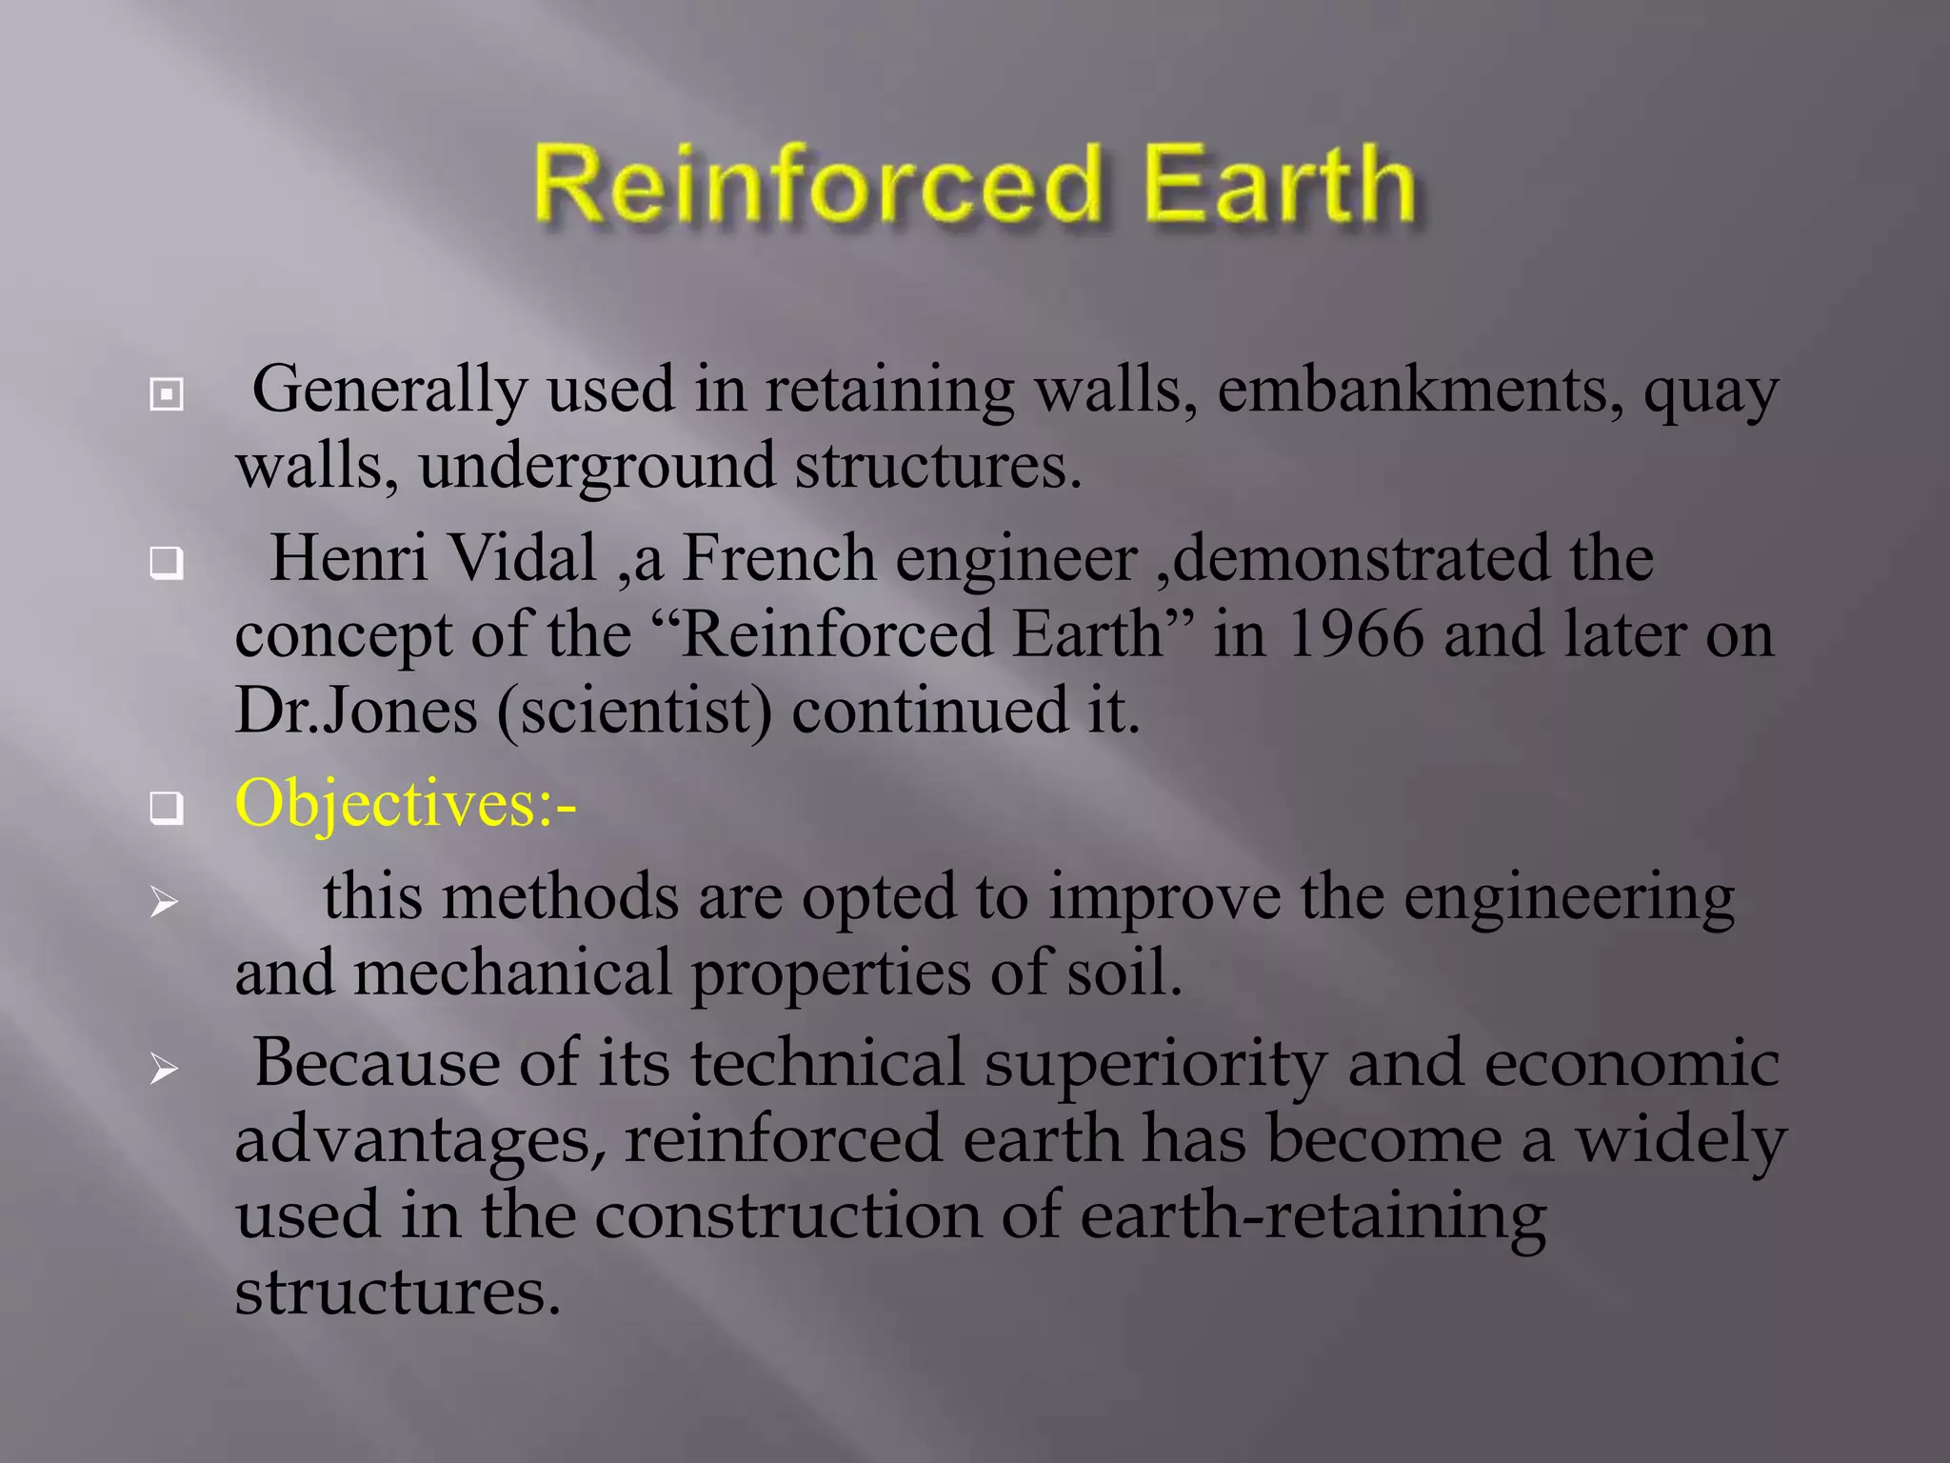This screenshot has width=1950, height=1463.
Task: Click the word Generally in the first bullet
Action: [388, 391]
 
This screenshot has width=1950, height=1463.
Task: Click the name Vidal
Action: [521, 558]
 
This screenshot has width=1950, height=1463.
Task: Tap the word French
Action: [778, 558]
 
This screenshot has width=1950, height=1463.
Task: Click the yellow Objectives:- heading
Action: [406, 804]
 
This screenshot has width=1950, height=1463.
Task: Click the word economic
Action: [1631, 1063]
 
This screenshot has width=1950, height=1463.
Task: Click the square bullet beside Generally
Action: [167, 394]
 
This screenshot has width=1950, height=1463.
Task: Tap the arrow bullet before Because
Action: [164, 1070]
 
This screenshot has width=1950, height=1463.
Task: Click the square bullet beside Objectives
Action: [167, 809]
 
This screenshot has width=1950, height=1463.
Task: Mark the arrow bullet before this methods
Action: [164, 901]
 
